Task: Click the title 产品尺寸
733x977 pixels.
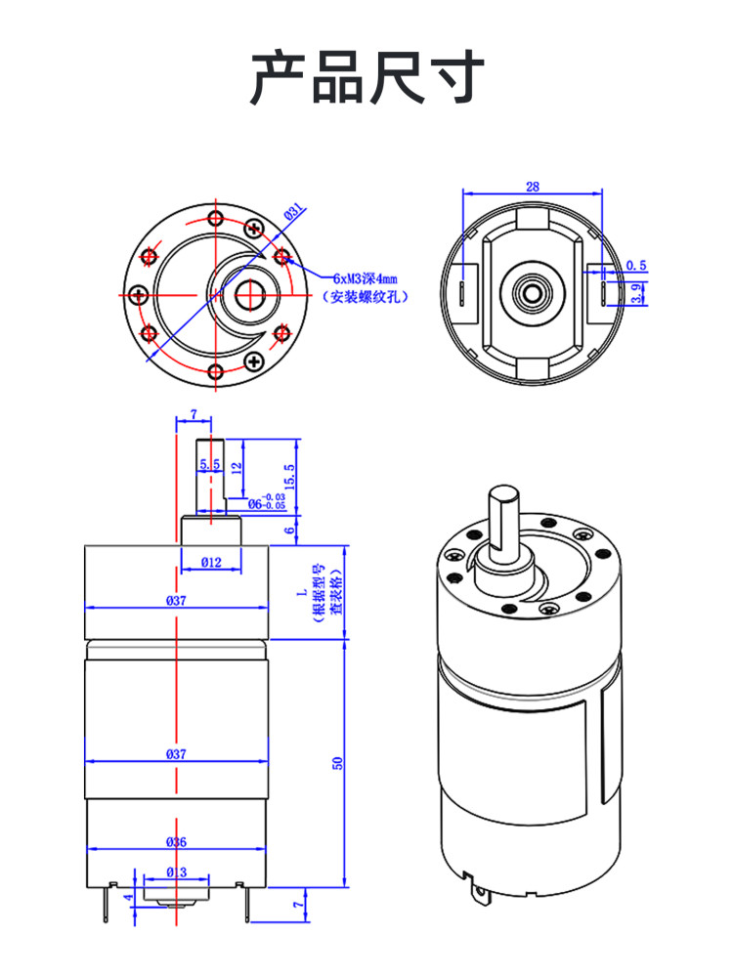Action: click(366, 78)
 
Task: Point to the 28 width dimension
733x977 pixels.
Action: click(533, 187)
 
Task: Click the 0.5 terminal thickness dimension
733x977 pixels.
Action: click(636, 265)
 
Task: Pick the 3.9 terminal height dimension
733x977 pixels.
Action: click(638, 292)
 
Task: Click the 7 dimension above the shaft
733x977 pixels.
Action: click(193, 414)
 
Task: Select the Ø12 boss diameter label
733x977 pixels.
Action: click(211, 562)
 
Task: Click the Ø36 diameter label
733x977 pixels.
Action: click(176, 841)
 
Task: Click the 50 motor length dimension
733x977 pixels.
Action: click(338, 763)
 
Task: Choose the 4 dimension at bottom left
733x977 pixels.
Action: click(127, 896)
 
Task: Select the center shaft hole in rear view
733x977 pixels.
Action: click(533, 290)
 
